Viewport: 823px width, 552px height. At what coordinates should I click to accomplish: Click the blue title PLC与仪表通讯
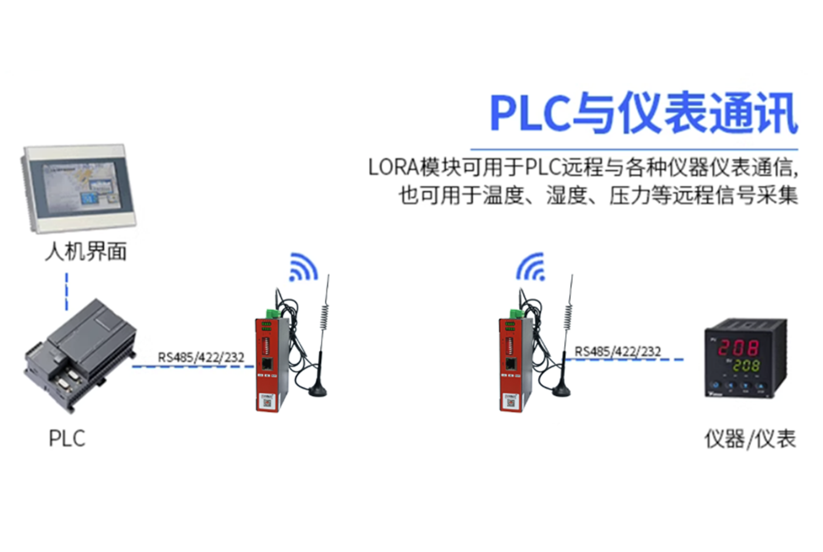pyautogui.click(x=644, y=113)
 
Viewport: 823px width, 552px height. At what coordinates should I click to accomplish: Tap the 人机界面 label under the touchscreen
pyautogui.click(x=86, y=252)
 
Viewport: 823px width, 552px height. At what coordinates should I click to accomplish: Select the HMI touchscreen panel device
pyautogui.click(x=78, y=188)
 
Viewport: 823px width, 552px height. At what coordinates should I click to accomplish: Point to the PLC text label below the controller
pyautogui.click(x=67, y=438)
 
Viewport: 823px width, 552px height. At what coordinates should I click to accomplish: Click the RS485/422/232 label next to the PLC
pyautogui.click(x=201, y=357)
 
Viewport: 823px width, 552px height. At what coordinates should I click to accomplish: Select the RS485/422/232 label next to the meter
pyautogui.click(x=617, y=351)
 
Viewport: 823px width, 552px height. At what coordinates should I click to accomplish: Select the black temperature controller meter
pyautogui.click(x=745, y=358)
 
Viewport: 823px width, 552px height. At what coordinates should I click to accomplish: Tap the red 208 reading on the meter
pyautogui.click(x=739, y=348)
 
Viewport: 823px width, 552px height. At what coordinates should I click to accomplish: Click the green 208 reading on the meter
pyautogui.click(x=747, y=366)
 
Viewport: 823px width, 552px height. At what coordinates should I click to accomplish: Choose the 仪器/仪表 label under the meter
pyautogui.click(x=750, y=438)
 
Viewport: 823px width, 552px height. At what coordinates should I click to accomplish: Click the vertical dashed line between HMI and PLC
pyautogui.click(x=67, y=292)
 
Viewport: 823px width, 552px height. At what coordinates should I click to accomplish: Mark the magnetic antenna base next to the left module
pyautogui.click(x=317, y=390)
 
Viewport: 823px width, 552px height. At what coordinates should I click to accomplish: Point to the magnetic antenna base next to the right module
pyautogui.click(x=561, y=390)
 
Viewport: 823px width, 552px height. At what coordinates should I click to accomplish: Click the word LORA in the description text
pyautogui.click(x=394, y=167)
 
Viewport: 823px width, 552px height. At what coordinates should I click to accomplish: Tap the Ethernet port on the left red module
pyautogui.click(x=267, y=364)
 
